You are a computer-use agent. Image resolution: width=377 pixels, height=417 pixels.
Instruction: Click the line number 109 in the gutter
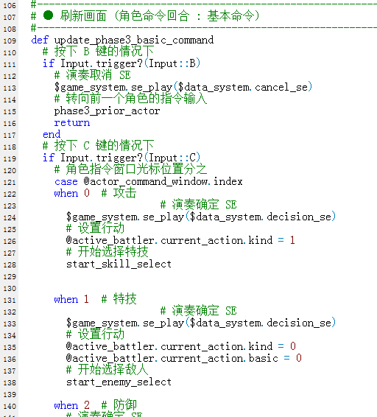10,41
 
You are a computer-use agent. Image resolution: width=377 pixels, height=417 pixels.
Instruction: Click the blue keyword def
40,41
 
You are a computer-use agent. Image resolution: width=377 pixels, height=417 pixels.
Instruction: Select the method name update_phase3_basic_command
134,41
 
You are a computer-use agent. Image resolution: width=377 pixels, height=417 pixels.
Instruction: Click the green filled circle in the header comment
48,15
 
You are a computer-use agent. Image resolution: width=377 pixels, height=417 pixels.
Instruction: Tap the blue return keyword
71,123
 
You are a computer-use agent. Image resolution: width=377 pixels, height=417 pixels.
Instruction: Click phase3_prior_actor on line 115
107,111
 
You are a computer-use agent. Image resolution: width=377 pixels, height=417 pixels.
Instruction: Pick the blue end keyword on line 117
52,134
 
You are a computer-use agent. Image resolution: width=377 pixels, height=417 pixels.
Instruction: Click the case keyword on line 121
66,182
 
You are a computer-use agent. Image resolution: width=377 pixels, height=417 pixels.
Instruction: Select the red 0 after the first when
87,193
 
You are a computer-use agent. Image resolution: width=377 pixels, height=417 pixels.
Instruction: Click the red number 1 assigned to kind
292,240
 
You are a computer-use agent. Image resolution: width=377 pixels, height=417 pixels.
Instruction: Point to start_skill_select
119,264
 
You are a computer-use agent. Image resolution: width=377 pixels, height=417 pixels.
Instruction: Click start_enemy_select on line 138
119,382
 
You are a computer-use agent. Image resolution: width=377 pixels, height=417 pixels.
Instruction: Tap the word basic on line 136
263,358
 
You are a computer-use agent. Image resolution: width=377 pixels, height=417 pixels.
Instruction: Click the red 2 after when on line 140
87,405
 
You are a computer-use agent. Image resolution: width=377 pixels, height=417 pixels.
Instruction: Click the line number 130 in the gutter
10,289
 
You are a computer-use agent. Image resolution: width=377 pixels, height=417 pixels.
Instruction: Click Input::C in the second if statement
172,158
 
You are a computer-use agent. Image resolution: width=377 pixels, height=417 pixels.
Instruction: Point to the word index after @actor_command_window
228,182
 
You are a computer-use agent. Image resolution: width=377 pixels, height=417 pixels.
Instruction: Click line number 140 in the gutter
10,407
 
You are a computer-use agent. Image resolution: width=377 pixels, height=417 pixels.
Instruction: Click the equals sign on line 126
281,240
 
